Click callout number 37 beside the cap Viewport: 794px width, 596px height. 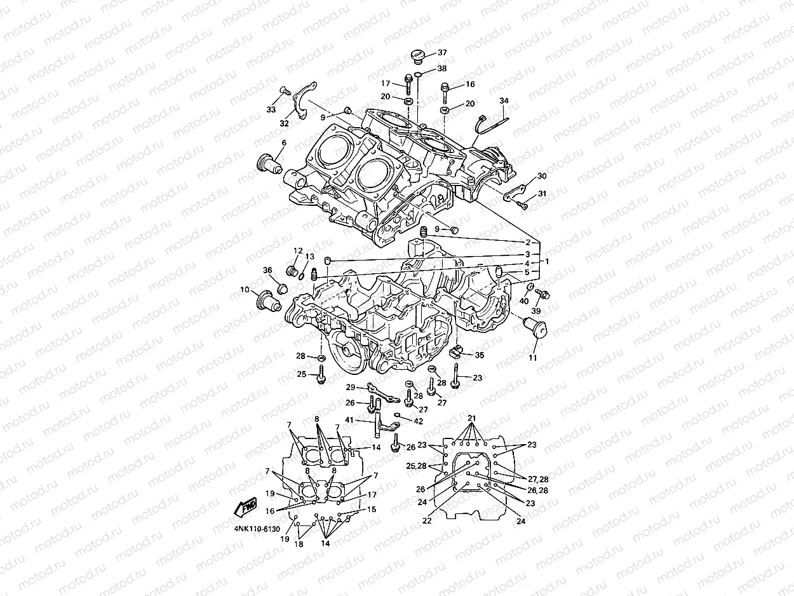click(442, 53)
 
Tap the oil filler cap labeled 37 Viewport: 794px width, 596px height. click(417, 55)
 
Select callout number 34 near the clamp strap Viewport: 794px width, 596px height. click(504, 101)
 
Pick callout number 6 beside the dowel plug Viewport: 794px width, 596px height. click(283, 143)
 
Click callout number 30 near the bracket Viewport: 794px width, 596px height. click(541, 176)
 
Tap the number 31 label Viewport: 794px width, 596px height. click(541, 194)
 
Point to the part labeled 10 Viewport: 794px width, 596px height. click(267, 297)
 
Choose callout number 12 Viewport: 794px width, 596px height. click(298, 251)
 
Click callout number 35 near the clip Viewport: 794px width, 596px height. click(480, 356)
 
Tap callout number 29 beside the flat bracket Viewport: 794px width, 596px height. click(350, 388)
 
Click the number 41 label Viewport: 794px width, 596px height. click(349, 421)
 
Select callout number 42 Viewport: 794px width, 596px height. click(417, 421)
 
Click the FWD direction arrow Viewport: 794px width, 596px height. click(245, 507)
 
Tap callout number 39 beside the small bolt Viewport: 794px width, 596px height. click(535, 311)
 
